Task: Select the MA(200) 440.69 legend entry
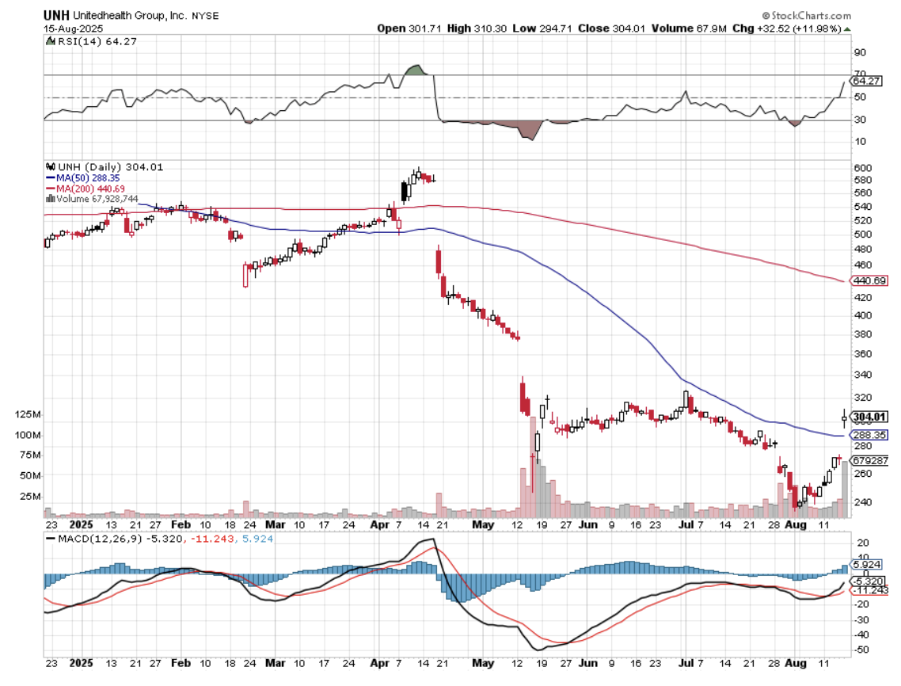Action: (x=92, y=189)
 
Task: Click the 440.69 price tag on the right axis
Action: (x=869, y=281)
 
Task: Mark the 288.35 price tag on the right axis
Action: (x=869, y=435)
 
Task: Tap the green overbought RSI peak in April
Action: (x=415, y=71)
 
